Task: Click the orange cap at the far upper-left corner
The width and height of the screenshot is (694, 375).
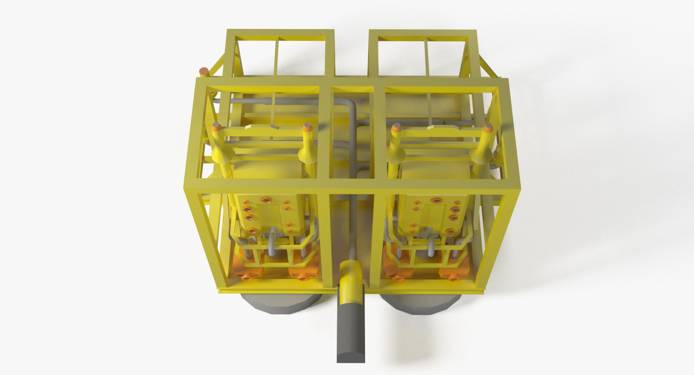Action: pos(204,71)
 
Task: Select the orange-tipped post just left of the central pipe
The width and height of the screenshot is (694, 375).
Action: pos(308,127)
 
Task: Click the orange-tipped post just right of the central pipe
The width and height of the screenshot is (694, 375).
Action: pos(396,127)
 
